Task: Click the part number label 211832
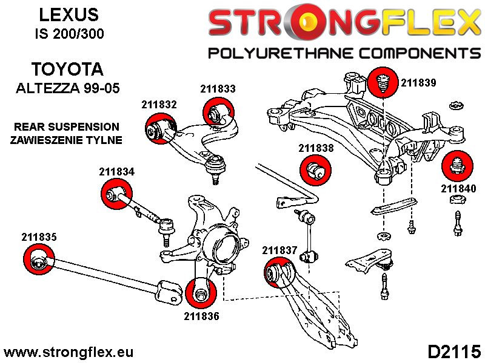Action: (x=159, y=104)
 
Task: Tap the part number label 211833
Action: (x=218, y=89)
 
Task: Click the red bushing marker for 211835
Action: (x=38, y=262)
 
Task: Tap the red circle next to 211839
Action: (x=382, y=81)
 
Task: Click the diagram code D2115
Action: (x=454, y=351)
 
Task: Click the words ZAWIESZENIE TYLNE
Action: (x=67, y=140)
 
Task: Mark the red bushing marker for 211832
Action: (x=159, y=129)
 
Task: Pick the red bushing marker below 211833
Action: (x=218, y=113)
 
